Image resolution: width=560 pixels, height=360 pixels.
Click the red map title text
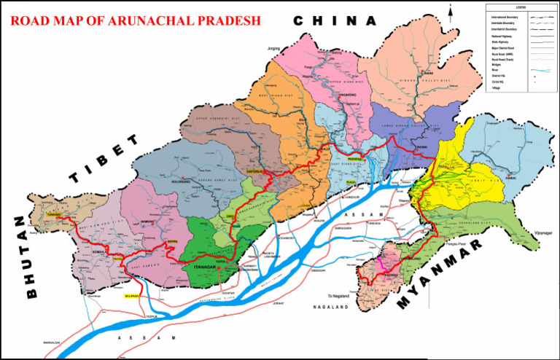(x=136, y=20)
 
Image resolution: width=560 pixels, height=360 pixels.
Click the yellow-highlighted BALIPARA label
(x=130, y=297)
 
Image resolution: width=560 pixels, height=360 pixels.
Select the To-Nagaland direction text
(x=339, y=296)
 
